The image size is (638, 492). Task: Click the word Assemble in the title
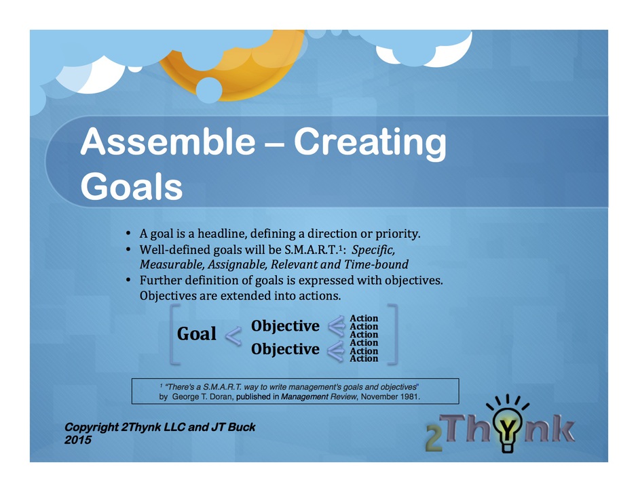click(168, 141)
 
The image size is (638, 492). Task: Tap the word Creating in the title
click(370, 144)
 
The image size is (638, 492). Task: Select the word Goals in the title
click(132, 186)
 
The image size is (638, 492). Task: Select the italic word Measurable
click(172, 264)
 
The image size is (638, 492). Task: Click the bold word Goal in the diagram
click(197, 333)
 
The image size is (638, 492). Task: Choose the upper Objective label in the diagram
click(285, 326)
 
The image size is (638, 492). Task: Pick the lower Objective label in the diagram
click(285, 349)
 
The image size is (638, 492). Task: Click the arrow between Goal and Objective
click(233, 336)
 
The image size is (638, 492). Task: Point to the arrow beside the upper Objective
click(337, 326)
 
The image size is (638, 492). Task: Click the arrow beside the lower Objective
click(336, 351)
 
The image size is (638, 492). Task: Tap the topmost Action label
click(364, 318)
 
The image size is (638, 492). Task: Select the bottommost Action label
click(364, 358)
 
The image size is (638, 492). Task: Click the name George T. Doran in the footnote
click(203, 396)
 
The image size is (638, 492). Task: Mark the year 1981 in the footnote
click(410, 396)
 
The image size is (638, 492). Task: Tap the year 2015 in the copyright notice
click(78, 440)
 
